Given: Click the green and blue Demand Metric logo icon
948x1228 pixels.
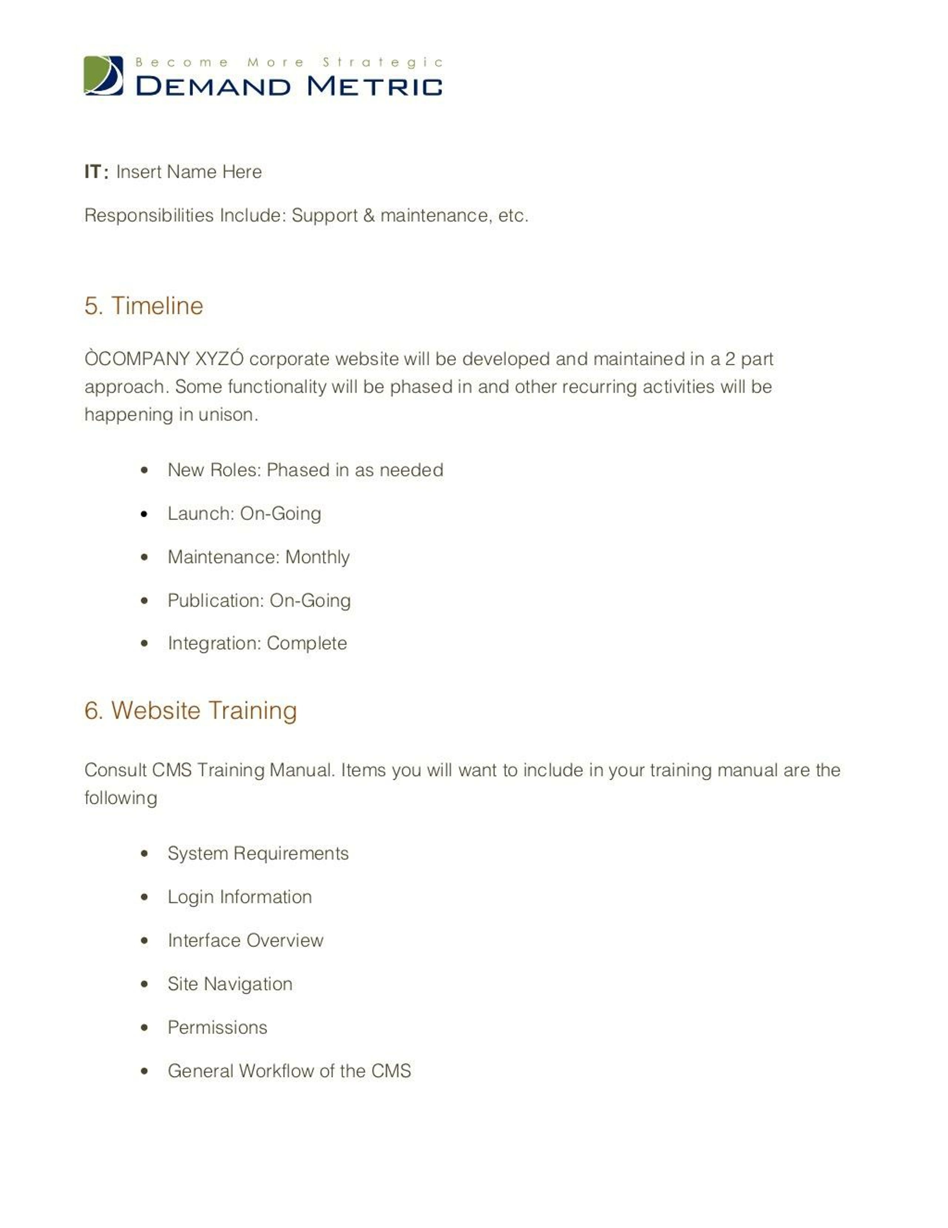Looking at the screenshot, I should (103, 75).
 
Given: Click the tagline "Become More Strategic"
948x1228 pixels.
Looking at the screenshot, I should (289, 62).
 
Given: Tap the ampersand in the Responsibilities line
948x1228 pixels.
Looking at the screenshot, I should (368, 215).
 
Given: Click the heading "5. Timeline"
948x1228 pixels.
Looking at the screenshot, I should (143, 306).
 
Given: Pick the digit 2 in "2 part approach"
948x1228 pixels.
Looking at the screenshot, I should (730, 359).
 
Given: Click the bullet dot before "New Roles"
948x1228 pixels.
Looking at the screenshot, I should (144, 470).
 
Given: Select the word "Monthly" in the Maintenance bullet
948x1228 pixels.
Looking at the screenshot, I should (317, 557).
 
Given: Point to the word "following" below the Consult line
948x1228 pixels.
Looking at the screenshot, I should (120, 798).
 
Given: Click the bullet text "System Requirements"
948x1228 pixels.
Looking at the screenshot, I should (258, 853).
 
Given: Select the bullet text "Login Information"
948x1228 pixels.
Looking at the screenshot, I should (239, 897).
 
